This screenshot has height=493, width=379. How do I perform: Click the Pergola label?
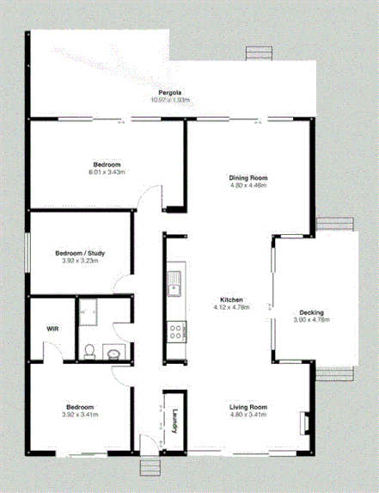click(x=168, y=92)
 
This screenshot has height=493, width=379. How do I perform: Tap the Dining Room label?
click(x=248, y=177)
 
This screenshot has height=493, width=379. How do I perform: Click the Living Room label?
click(x=248, y=407)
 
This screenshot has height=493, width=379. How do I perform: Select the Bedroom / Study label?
click(x=80, y=253)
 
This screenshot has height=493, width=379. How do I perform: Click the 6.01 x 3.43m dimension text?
click(x=107, y=172)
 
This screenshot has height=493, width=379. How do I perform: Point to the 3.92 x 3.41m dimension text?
click(x=80, y=415)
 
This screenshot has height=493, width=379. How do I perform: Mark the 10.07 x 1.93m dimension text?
click(x=169, y=100)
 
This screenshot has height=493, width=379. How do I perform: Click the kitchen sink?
click(x=174, y=280)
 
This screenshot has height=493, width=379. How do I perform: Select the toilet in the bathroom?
click(x=90, y=350)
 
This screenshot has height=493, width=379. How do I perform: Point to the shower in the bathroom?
click(x=89, y=314)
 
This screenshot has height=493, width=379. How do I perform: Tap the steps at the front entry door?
click(x=150, y=466)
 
